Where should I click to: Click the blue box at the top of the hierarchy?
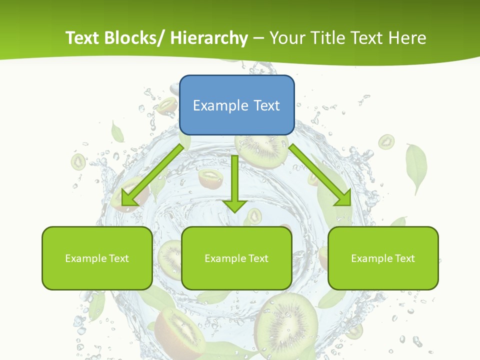[x=236, y=105]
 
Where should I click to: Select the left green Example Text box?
[x=97, y=258]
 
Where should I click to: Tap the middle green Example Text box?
[x=236, y=258]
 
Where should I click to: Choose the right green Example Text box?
[x=383, y=258]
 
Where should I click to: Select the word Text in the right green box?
[x=404, y=258]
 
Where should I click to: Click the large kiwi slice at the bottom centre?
[x=286, y=325]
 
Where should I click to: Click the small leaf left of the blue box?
[x=117, y=132]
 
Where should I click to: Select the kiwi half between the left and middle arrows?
[x=210, y=178]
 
